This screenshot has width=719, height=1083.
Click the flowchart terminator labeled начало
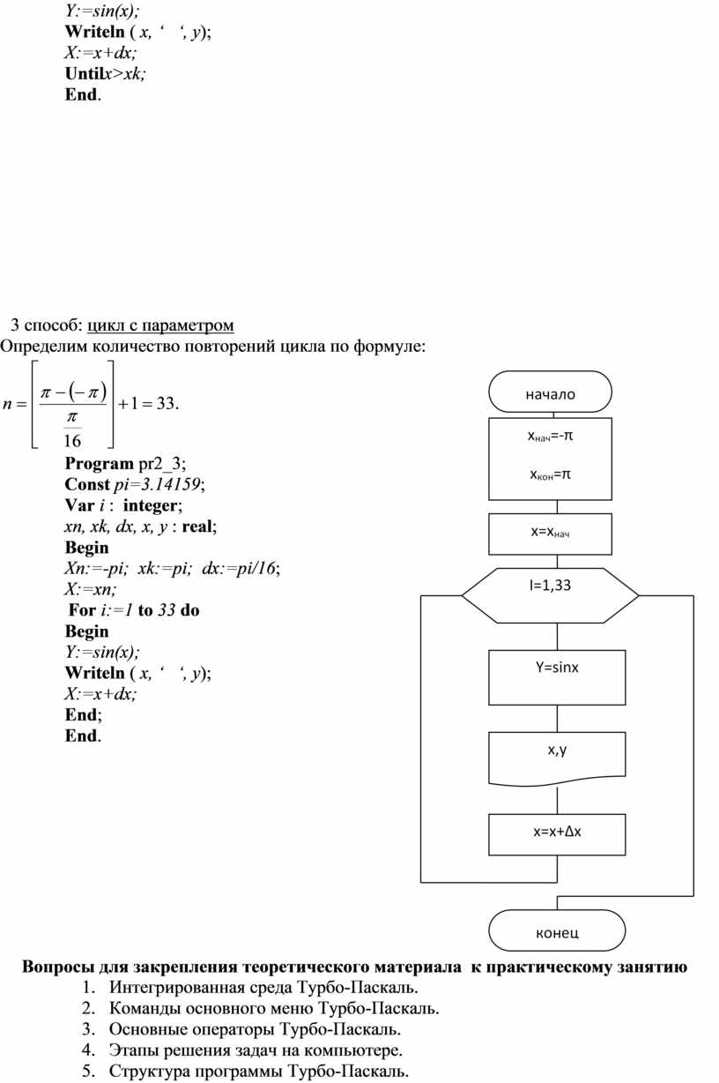(x=550, y=392)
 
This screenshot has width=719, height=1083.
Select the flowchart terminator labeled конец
(x=557, y=930)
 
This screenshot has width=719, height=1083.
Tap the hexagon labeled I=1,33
(x=550, y=595)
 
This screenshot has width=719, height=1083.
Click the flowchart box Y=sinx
(x=557, y=677)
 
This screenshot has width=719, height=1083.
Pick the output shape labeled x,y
(x=557, y=759)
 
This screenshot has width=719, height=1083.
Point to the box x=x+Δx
(x=557, y=834)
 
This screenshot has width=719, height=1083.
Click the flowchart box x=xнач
(x=550, y=534)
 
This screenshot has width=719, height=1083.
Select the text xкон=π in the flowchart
(x=551, y=474)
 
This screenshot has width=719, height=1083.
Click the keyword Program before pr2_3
(x=99, y=464)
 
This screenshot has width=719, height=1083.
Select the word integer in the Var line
(x=151, y=505)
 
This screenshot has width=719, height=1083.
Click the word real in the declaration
(x=197, y=527)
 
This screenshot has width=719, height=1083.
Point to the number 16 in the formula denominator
(x=72, y=440)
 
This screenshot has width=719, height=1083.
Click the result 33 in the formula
(x=166, y=403)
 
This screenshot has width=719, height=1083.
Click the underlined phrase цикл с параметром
(x=160, y=325)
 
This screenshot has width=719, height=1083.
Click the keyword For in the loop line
(x=83, y=610)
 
